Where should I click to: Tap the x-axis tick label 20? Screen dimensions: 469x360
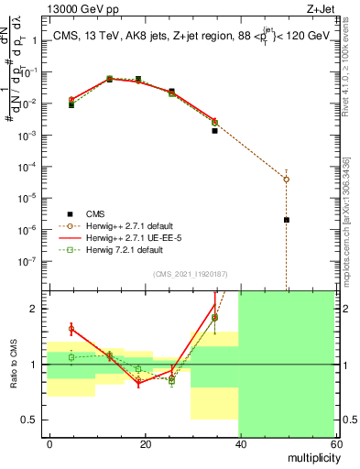[x=145, y=442]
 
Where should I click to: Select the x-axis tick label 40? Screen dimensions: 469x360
[x=239, y=442]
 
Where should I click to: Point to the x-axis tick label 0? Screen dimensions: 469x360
[x=50, y=442]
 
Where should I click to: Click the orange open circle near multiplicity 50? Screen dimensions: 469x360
[x=287, y=179]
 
